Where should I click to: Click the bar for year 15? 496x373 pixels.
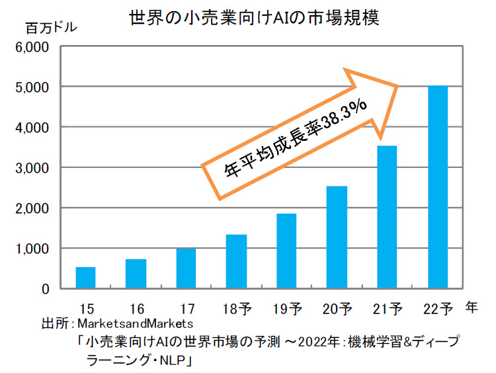pyautogui.click(x=86, y=278)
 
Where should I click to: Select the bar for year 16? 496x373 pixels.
pyautogui.click(x=136, y=274)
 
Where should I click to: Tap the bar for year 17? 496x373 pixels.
pyautogui.click(x=186, y=268)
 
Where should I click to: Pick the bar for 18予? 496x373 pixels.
pyautogui.click(x=236, y=261)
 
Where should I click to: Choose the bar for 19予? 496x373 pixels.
pyautogui.click(x=286, y=251)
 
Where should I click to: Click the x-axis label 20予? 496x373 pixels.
pyautogui.click(x=337, y=308)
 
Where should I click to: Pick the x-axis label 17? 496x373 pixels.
pyautogui.click(x=186, y=308)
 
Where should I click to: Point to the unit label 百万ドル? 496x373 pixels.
pyautogui.click(x=51, y=28)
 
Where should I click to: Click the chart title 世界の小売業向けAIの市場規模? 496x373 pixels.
pyautogui.click(x=253, y=16)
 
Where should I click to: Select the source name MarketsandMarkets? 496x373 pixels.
pyautogui.click(x=135, y=324)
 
